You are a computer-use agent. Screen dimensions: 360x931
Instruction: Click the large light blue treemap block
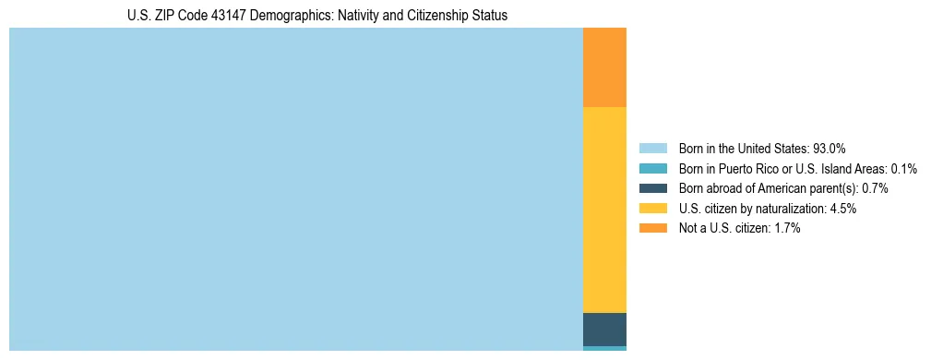click(x=295, y=189)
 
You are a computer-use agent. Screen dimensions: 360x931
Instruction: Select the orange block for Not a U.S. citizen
click(x=604, y=67)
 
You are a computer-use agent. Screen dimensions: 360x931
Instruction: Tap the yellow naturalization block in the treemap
click(x=604, y=210)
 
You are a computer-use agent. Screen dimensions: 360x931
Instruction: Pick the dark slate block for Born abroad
click(x=604, y=329)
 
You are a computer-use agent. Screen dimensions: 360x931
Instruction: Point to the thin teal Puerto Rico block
click(x=604, y=348)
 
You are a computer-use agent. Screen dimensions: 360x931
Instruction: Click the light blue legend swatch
click(x=652, y=148)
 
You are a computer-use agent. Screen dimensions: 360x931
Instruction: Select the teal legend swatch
click(x=652, y=168)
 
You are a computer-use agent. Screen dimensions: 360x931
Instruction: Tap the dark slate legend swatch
click(x=652, y=188)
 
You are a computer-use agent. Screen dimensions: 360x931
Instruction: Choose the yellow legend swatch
click(x=652, y=209)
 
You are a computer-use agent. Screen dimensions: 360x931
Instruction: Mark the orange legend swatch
click(x=652, y=229)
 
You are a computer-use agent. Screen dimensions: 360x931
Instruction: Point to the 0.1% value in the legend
click(x=903, y=168)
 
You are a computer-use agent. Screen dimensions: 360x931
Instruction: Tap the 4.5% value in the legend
click(x=842, y=209)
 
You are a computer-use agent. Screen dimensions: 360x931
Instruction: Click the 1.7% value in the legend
click(x=786, y=229)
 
